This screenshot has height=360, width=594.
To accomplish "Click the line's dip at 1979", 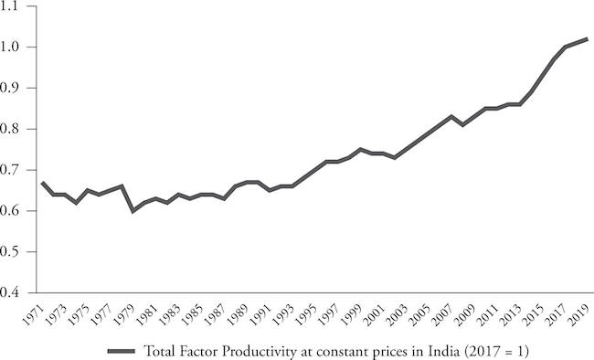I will (133, 210).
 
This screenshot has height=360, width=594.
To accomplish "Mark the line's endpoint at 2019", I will (588, 38).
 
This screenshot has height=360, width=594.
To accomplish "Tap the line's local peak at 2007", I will (451, 116).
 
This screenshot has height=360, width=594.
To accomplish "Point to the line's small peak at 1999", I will (362, 149).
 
